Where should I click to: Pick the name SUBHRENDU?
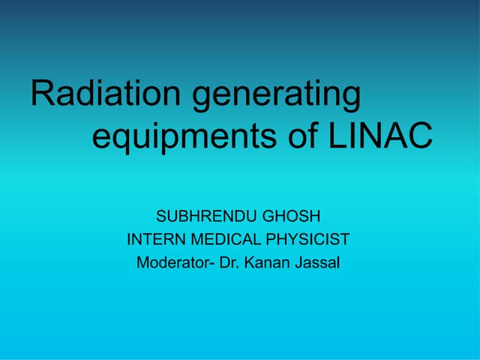point(199,217)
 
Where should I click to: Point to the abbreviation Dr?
point(229,263)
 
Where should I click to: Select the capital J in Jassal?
point(299,263)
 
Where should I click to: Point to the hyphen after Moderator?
point(211,265)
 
